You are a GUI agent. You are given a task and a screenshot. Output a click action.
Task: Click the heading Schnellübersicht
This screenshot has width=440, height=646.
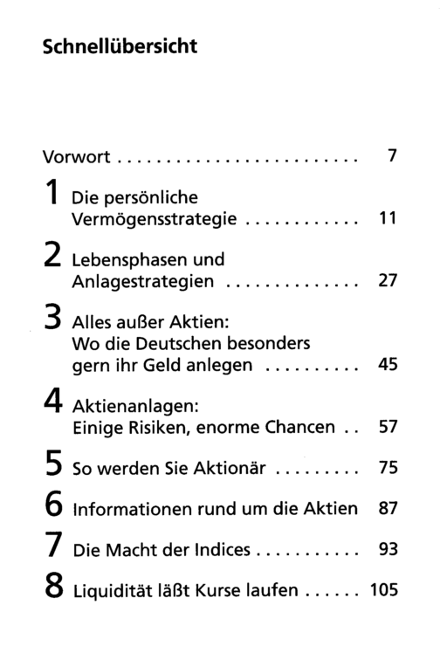coord(120,45)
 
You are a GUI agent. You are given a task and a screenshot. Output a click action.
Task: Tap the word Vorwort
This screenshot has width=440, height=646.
coord(76,157)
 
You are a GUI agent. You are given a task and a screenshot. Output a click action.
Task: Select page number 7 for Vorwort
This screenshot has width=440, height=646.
coord(392,155)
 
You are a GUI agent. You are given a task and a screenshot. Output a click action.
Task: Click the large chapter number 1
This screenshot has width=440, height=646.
coord(52,192)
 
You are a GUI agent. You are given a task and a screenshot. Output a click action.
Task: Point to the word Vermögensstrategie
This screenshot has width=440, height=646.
coord(154,219)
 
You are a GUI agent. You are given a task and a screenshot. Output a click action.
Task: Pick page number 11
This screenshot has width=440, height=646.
coord(388,218)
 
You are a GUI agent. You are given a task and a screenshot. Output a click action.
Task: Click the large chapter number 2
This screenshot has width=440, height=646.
coord(52,255)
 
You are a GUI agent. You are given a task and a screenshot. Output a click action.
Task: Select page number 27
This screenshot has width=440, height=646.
coord(388,280)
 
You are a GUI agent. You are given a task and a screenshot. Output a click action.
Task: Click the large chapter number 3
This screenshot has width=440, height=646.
coord(52,317)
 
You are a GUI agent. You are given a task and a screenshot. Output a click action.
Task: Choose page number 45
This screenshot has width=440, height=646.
coord(388,364)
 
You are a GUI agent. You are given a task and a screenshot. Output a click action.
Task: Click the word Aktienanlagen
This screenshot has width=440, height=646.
coord(135,407)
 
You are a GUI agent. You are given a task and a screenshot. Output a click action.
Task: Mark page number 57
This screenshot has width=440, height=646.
coord(388,427)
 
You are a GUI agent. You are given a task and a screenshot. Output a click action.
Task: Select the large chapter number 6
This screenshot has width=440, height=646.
coord(53,504)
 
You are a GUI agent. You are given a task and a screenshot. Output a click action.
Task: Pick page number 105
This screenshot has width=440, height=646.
coord(384,590)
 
